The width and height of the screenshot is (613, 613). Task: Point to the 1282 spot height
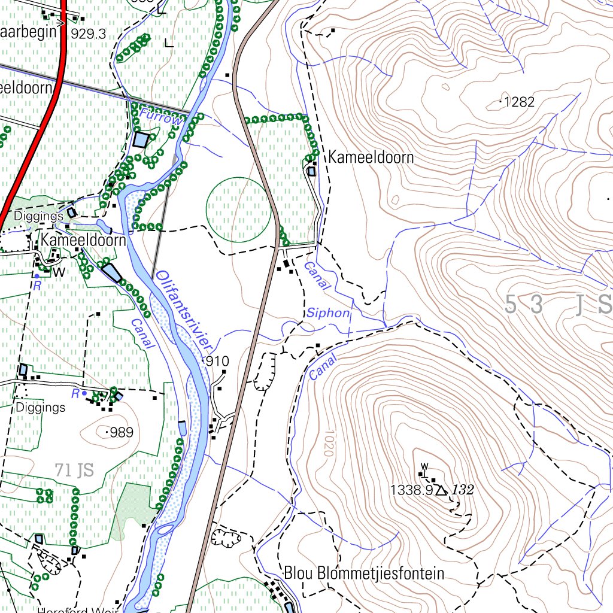click(518, 102)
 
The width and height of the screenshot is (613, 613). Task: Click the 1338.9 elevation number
click(411, 490)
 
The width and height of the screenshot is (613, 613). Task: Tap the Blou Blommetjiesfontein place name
click(364, 573)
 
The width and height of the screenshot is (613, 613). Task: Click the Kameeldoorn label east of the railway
click(371, 158)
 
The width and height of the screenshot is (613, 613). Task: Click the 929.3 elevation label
click(88, 34)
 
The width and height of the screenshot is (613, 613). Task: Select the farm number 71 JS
click(74, 471)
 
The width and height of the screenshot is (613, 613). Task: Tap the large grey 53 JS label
click(557, 305)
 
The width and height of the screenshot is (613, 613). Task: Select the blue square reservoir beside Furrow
click(141, 140)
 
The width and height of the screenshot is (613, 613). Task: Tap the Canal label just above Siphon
click(317, 277)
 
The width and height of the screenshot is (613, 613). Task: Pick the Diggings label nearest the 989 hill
click(40, 408)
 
